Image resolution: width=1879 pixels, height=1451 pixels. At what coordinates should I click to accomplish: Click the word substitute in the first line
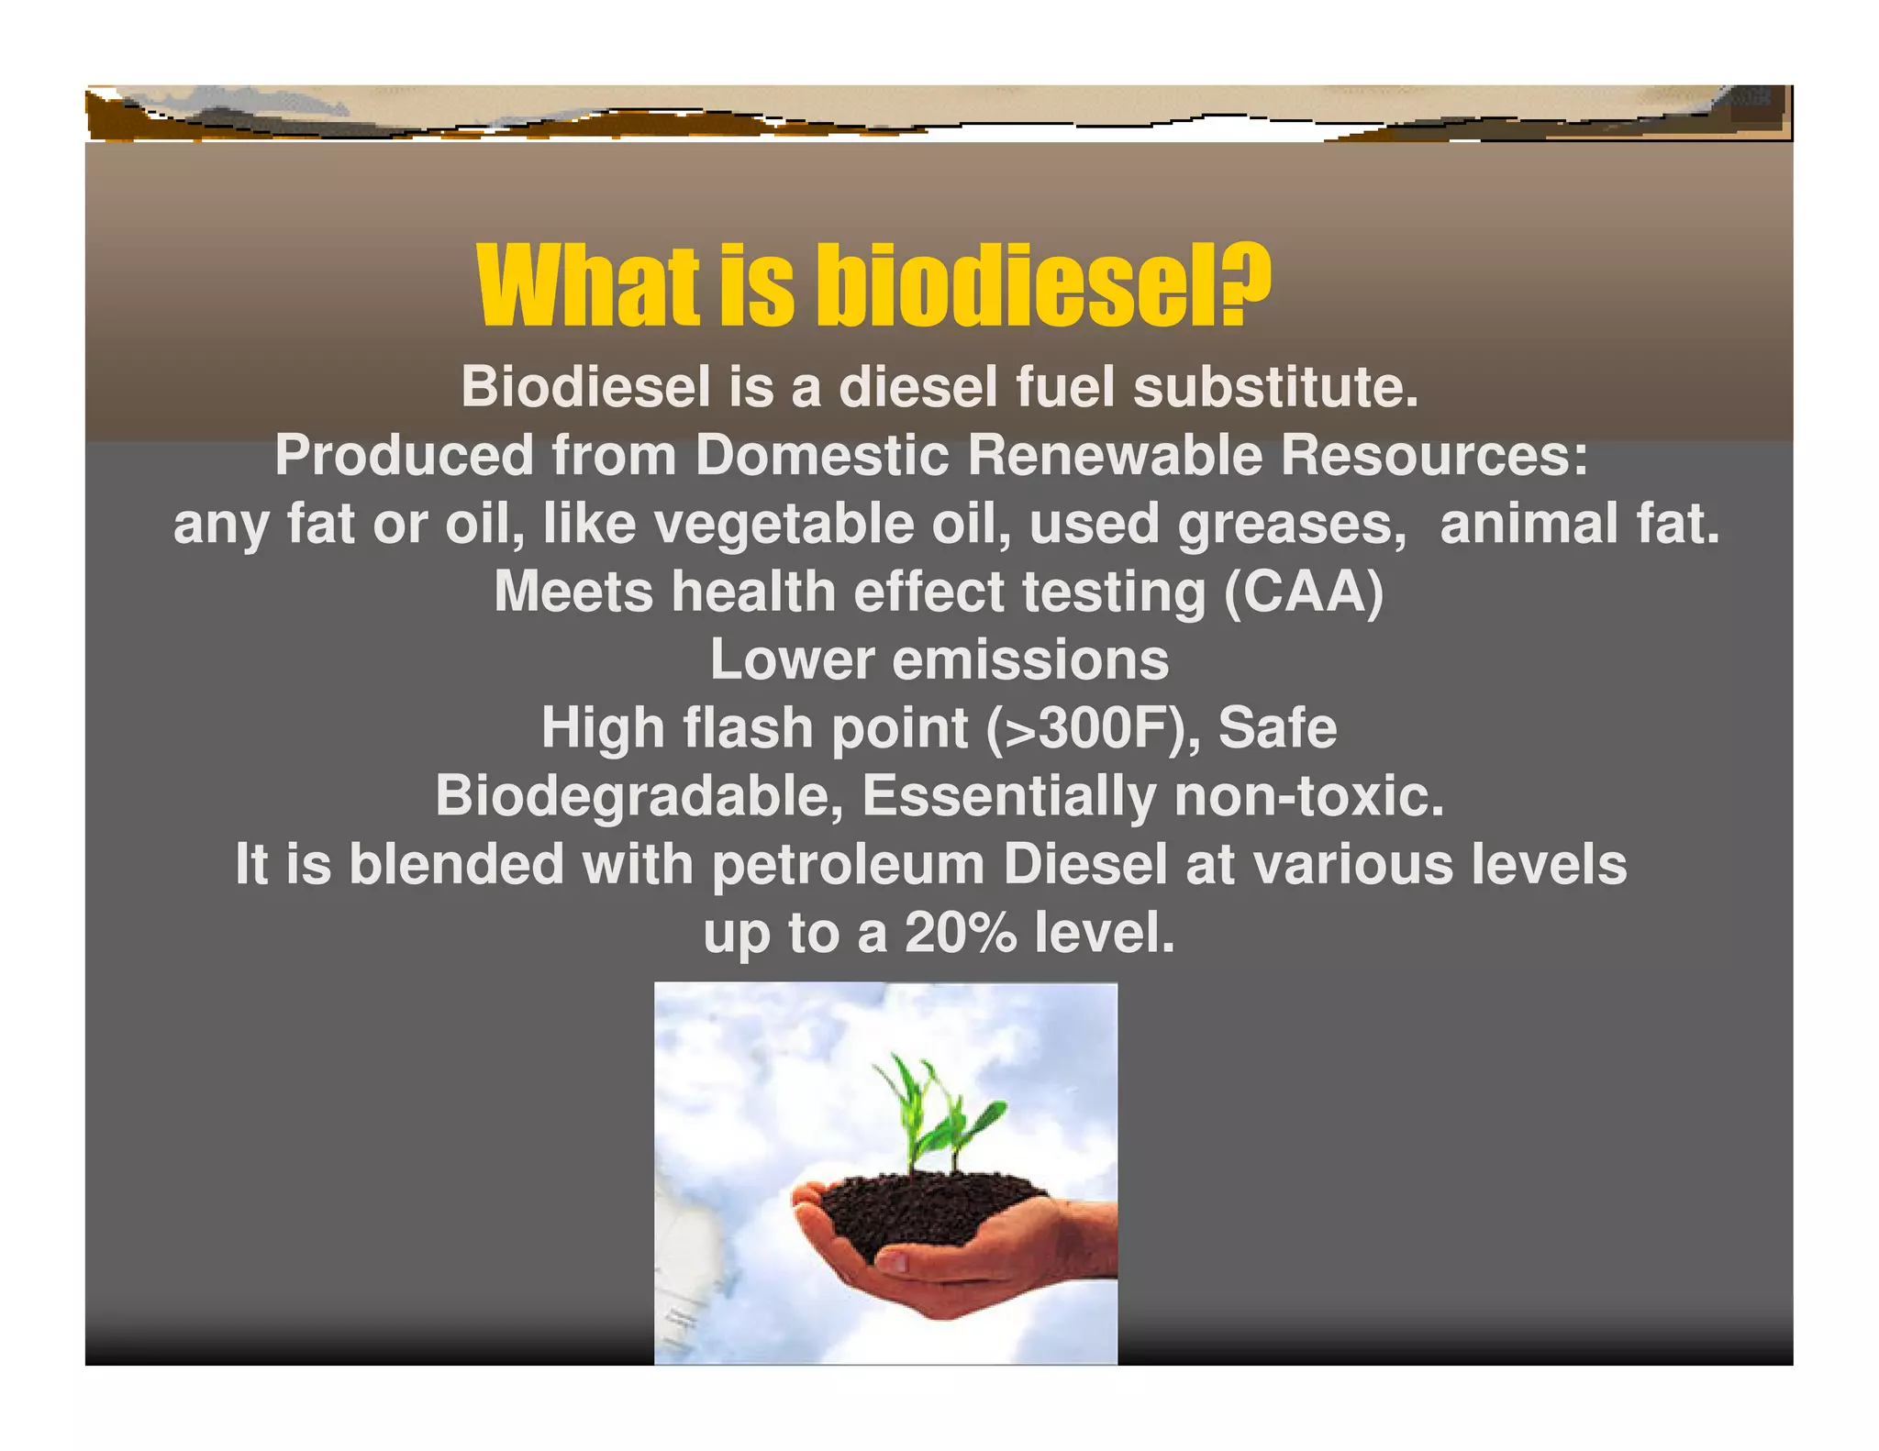[1275, 387]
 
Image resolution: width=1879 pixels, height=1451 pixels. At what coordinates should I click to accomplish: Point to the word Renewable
[1115, 455]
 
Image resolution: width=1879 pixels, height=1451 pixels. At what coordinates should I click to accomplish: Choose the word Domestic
[821, 455]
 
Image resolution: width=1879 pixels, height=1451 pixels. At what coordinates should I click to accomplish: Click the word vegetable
[784, 525]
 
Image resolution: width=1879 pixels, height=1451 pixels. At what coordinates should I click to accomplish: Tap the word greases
[1292, 525]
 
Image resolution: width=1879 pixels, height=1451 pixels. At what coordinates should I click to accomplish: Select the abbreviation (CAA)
[1303, 592]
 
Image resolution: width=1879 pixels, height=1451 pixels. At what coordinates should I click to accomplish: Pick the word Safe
[1277, 728]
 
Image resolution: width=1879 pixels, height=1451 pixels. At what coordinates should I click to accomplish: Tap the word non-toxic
[1309, 796]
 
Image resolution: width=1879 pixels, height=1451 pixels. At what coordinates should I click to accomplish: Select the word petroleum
[848, 865]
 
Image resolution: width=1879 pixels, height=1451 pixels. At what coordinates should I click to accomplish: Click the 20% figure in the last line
[961, 933]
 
